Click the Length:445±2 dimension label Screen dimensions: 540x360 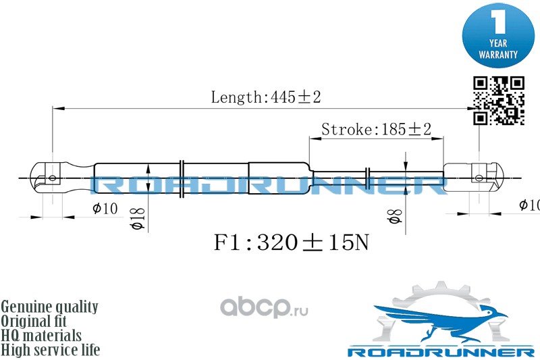point(266,97)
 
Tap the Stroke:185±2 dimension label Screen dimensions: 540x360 point(376,130)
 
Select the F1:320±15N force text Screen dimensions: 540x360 point(292,242)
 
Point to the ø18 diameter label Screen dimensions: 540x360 point(138,219)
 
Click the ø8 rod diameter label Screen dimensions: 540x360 point(396,216)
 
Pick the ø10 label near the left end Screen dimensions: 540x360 point(105,209)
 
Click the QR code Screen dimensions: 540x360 point(499,101)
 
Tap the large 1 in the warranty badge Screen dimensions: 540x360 point(498,22)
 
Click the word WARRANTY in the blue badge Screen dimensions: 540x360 point(498,55)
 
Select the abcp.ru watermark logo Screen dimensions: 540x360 point(264,307)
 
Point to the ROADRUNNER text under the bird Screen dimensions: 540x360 point(441,352)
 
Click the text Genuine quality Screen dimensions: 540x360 point(49,307)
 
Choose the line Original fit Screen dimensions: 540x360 point(34,321)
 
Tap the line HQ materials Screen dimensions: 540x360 point(41,336)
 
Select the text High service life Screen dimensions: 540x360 point(50,350)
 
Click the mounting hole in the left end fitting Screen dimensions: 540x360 point(53,178)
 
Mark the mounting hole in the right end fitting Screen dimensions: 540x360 point(479,178)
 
